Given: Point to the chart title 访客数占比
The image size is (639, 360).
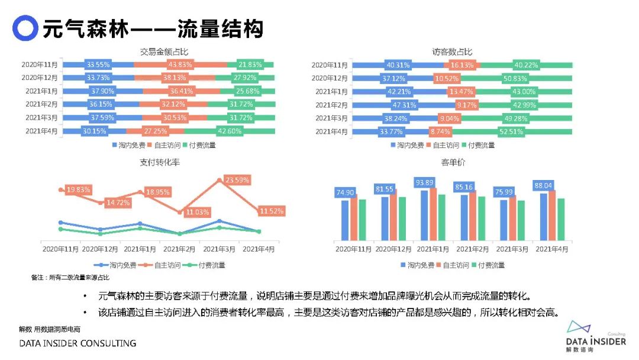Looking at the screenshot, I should point(453,52).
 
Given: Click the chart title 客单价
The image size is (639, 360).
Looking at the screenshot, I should point(453,162).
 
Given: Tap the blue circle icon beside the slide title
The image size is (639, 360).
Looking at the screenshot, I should point(25,28).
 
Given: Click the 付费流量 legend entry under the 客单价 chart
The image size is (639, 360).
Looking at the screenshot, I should point(491,265).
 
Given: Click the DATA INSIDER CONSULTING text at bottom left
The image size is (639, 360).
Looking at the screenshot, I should point(78,343).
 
